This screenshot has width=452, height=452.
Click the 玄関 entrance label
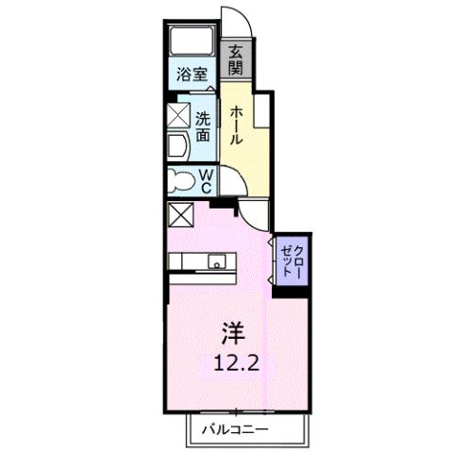click(x=235, y=60)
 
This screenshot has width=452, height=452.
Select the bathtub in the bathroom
click(x=193, y=43)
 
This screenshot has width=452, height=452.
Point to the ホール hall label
click(x=237, y=124)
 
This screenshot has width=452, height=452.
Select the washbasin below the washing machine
click(x=179, y=145)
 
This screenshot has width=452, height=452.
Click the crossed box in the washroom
click(x=179, y=115)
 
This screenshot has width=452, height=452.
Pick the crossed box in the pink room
click(x=180, y=216)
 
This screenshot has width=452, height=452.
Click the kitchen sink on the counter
click(x=217, y=263)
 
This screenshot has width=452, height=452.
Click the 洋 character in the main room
click(x=233, y=331)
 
